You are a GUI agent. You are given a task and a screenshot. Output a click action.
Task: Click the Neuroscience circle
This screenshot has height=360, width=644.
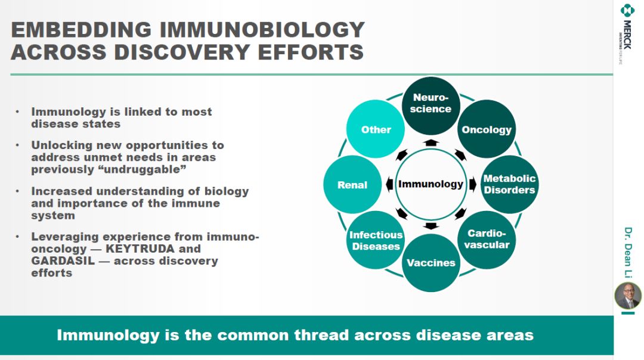pyautogui.click(x=431, y=106)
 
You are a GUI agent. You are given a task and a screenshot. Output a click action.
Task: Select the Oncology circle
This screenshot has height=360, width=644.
pyautogui.click(x=487, y=129)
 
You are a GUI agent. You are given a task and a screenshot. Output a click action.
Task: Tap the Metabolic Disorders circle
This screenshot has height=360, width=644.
pyautogui.click(x=510, y=184)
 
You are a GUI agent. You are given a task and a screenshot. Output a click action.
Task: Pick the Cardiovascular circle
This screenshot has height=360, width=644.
pyautogui.click(x=487, y=240)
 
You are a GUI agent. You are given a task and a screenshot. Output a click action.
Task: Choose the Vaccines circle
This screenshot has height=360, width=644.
pyautogui.click(x=431, y=263)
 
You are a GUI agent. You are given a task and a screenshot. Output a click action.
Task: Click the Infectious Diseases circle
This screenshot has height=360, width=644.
pyautogui.click(x=376, y=240)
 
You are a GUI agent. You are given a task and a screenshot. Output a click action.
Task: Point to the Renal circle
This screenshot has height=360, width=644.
pyautogui.click(x=352, y=184)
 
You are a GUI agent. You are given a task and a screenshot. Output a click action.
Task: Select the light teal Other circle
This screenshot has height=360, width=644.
pyautogui.click(x=376, y=129)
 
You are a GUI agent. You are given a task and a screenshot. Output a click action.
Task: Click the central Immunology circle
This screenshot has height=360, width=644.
pyautogui.click(x=431, y=184)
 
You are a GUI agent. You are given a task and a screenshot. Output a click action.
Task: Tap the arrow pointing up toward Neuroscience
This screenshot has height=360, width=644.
pyautogui.click(x=431, y=142)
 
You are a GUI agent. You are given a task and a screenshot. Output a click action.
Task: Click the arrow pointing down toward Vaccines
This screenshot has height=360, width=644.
pyautogui.click(x=431, y=226)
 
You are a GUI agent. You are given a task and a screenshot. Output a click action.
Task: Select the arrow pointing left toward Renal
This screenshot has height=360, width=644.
pyautogui.click(x=389, y=184)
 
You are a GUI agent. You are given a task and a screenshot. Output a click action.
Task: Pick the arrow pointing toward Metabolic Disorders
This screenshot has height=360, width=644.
pyautogui.click(x=473, y=184)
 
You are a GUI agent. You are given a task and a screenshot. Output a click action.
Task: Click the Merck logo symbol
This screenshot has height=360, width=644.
pyautogui.click(x=627, y=10)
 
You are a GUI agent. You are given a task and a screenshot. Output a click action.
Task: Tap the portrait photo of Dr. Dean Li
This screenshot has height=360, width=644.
pyautogui.click(x=627, y=296)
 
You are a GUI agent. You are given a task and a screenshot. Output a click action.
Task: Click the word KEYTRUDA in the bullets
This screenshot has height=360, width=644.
pyautogui.click(x=140, y=249)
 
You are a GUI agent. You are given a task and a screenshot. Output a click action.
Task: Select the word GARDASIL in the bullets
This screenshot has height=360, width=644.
pyautogui.click(x=63, y=261)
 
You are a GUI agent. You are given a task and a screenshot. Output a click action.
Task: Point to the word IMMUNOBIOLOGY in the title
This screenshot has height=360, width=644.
pyautogui.click(x=262, y=30)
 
